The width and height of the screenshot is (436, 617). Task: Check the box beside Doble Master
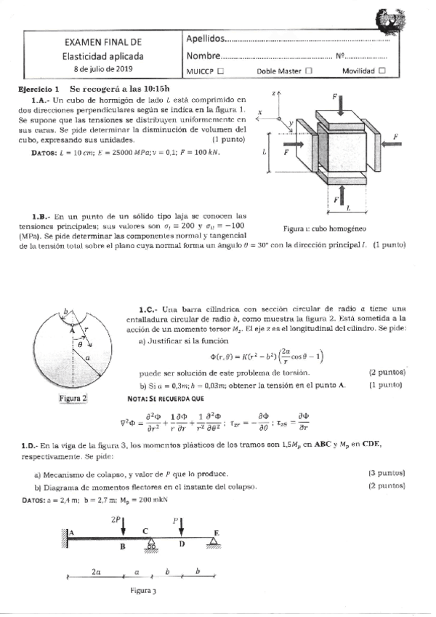(x=308, y=71)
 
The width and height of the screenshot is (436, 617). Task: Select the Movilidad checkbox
(x=382, y=71)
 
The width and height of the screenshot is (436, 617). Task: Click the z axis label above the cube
(x=274, y=94)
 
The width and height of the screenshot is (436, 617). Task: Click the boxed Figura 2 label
(x=73, y=398)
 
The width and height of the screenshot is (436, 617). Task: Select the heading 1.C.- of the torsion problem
(x=148, y=308)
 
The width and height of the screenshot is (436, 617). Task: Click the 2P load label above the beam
(x=117, y=520)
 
